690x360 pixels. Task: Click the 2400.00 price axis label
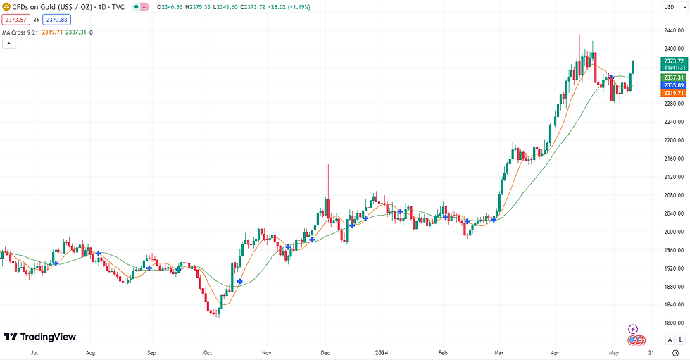coord(675,49)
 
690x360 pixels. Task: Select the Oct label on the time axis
coord(208,351)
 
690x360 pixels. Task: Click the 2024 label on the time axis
coord(381,351)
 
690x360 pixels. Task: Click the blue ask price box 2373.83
coord(58,20)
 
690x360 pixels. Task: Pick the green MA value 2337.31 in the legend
coord(75,32)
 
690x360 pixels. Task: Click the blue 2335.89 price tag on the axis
coord(675,85)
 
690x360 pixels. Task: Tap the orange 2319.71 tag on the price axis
coord(675,93)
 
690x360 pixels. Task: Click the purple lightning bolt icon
coord(633,329)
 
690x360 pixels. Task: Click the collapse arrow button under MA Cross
coord(9,44)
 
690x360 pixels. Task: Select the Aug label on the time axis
coord(90,351)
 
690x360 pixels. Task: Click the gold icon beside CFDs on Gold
coord(6,6)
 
